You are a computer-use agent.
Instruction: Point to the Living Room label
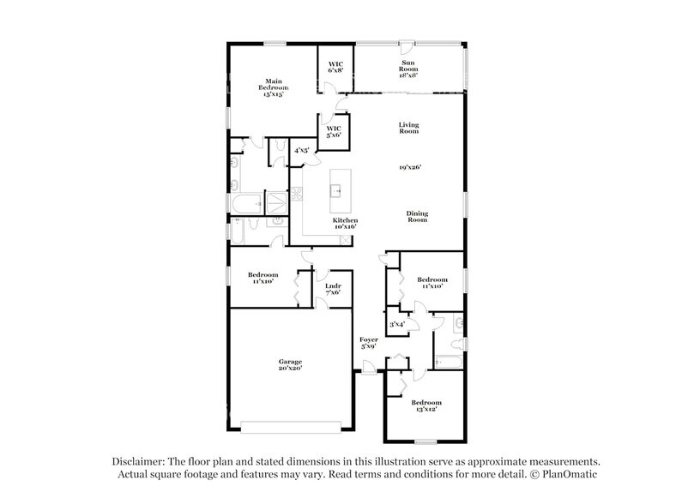407,129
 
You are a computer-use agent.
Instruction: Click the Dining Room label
417,217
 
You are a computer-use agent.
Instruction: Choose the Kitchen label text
345,220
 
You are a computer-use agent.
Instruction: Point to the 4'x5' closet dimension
302,151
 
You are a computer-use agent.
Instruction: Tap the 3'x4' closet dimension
396,325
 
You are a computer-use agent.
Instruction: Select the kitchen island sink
337,191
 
